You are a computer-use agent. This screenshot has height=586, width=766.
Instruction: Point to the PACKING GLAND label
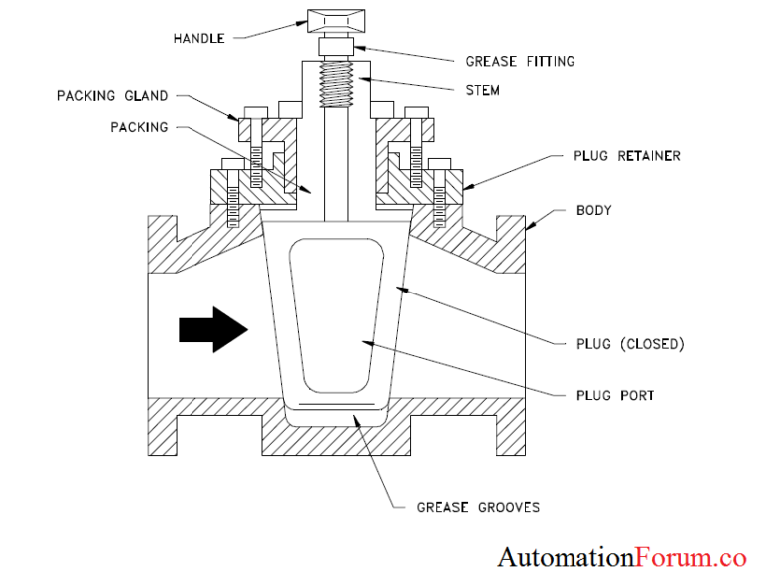click(112, 96)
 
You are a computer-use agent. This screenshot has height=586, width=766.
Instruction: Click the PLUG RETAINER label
click(627, 156)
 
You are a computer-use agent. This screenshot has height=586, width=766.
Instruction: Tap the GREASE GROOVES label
click(478, 507)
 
